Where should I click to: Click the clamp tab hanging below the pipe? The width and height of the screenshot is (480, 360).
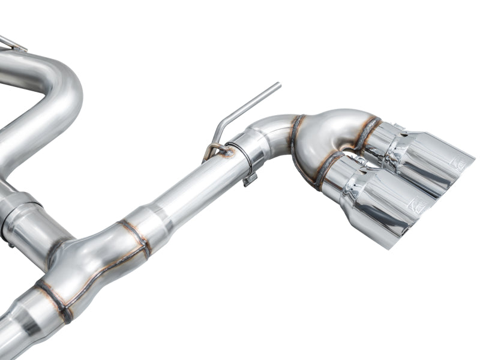(x=250, y=179)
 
